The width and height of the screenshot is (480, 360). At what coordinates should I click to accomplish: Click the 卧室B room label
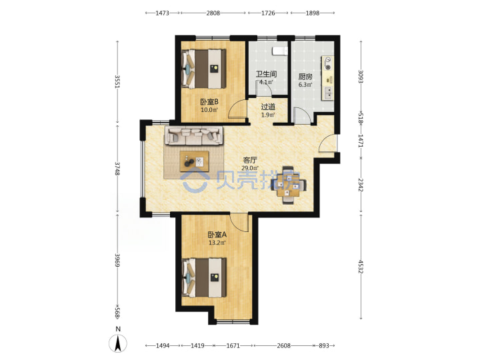point(209,101)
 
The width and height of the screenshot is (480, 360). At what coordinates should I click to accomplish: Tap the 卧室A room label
point(217,235)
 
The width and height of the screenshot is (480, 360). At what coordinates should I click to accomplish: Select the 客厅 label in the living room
point(250,160)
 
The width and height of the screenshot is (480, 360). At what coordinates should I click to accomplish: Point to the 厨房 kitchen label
point(305,77)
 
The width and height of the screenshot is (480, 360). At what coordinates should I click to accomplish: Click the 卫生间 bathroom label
point(266,74)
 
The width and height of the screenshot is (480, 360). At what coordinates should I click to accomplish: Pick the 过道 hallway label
point(268,107)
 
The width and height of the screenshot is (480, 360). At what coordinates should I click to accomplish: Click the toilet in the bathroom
point(280,51)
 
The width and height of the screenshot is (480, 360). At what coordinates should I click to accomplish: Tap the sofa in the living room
point(194,135)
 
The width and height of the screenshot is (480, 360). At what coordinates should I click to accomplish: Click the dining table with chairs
point(288,185)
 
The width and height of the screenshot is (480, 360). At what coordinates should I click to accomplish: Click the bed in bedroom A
point(204,277)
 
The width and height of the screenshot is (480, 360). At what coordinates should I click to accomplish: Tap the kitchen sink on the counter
point(328,93)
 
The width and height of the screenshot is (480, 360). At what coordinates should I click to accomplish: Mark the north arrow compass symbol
point(118,343)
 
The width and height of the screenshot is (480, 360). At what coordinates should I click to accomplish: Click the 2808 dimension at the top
point(213,13)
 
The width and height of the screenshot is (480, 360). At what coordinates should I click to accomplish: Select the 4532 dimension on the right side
point(361,267)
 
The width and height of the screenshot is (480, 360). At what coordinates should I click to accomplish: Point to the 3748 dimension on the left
point(117,169)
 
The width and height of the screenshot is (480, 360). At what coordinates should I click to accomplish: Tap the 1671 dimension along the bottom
point(233,345)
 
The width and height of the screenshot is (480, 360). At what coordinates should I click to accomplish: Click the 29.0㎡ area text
point(250,168)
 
